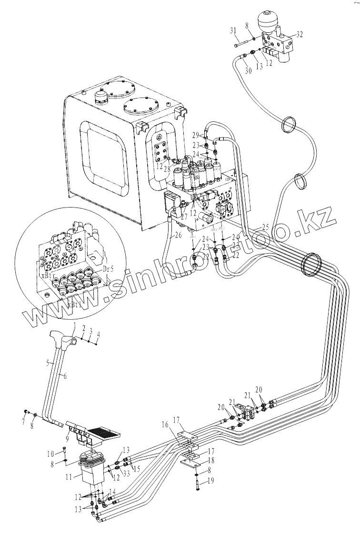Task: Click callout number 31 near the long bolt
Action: tap(233, 31)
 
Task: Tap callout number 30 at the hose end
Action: tap(247, 70)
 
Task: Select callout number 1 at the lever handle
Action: tap(75, 325)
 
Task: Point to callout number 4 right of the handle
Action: tap(98, 335)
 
